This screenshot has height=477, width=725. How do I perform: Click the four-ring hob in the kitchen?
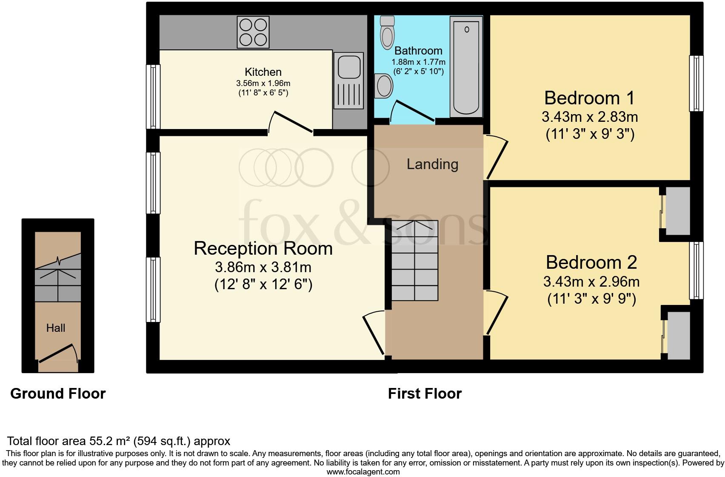click(x=254, y=32)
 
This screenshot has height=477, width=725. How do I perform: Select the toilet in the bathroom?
click(x=388, y=33)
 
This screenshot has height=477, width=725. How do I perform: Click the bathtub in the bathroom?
click(x=466, y=66)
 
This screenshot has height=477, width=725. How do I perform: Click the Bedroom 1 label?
click(x=589, y=98)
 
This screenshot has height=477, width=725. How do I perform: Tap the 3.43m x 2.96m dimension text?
click(x=591, y=282)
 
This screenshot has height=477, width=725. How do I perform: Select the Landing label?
click(x=432, y=164)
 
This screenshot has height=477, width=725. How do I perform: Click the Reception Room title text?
click(x=263, y=248)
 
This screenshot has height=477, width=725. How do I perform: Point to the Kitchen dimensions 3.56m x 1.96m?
click(x=263, y=83)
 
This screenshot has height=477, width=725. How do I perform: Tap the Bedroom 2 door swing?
click(x=496, y=313)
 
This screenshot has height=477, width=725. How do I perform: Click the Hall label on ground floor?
click(x=56, y=328)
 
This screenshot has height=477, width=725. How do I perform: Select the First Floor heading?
click(x=424, y=394)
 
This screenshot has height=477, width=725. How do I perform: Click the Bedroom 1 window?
click(x=696, y=83)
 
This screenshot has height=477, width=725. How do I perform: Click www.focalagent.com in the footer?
click(x=363, y=471)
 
